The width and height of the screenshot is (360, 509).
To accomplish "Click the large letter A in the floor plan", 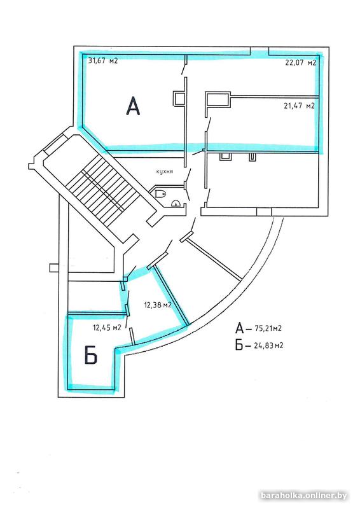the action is (x=133, y=106).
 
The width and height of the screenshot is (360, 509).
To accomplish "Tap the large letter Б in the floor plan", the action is (x=91, y=355).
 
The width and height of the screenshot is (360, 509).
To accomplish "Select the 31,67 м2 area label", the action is (x=103, y=60).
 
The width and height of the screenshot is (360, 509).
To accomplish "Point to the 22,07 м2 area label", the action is (x=301, y=62).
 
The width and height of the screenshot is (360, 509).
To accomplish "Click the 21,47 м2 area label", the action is (x=300, y=106).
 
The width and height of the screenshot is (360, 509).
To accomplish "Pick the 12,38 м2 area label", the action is (x=158, y=305).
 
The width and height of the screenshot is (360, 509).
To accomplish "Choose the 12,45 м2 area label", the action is (x=107, y=328).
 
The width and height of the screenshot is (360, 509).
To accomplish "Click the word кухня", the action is (x=165, y=171).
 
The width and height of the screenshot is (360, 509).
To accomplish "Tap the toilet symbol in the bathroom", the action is (x=161, y=194).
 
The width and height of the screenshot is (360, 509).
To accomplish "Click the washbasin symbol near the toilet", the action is (x=176, y=204).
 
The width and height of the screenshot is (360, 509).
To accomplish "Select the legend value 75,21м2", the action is (x=268, y=328).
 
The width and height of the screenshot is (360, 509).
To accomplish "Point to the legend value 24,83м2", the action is (x=268, y=345).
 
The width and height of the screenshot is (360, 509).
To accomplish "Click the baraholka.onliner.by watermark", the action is (x=303, y=496).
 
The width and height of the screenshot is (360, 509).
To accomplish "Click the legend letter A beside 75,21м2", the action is (x=240, y=328).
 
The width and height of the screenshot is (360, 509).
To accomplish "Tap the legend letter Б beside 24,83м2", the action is (x=239, y=345).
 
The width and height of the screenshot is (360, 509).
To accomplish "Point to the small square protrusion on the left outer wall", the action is (x=54, y=268).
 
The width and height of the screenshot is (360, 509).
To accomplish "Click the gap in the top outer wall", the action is (x=260, y=52).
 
